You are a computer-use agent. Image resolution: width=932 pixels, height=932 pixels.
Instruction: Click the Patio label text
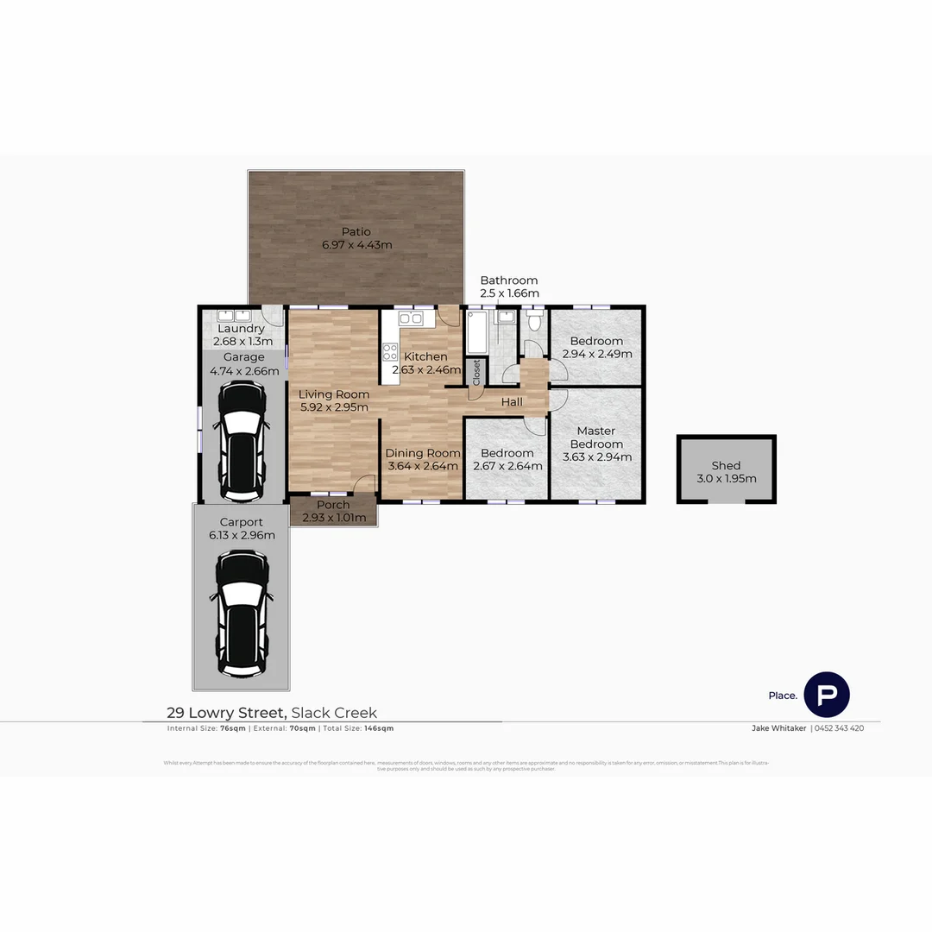(x=356, y=231)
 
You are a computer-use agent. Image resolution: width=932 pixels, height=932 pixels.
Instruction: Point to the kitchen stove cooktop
(x=390, y=351)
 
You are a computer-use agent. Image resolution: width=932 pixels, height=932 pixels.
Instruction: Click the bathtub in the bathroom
(x=476, y=333)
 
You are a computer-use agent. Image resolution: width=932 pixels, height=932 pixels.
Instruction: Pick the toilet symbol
(x=535, y=322)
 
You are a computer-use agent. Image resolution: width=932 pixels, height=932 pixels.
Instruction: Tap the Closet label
(x=476, y=372)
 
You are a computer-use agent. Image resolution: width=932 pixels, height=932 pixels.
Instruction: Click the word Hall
(x=512, y=402)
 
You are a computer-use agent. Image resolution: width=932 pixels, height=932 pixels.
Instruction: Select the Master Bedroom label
(x=596, y=437)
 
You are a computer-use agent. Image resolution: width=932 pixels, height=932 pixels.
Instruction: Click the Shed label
(x=726, y=466)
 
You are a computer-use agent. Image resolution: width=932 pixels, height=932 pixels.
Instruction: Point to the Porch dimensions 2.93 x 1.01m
(x=333, y=518)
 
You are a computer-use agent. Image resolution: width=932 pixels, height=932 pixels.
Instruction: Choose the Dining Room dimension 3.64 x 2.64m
(x=423, y=466)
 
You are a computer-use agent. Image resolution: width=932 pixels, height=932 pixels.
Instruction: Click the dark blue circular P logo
(x=827, y=695)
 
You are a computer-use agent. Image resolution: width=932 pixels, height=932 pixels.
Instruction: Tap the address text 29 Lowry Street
(x=226, y=713)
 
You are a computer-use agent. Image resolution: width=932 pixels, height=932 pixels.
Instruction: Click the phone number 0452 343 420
(x=839, y=728)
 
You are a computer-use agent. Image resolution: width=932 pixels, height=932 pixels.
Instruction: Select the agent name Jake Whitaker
(x=778, y=728)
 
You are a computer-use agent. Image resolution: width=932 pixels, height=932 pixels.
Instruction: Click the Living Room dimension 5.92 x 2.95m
(x=334, y=407)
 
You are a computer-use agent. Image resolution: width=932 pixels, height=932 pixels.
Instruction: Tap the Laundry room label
(x=241, y=329)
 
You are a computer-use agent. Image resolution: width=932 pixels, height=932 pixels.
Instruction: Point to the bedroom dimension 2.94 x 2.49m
(x=597, y=354)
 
